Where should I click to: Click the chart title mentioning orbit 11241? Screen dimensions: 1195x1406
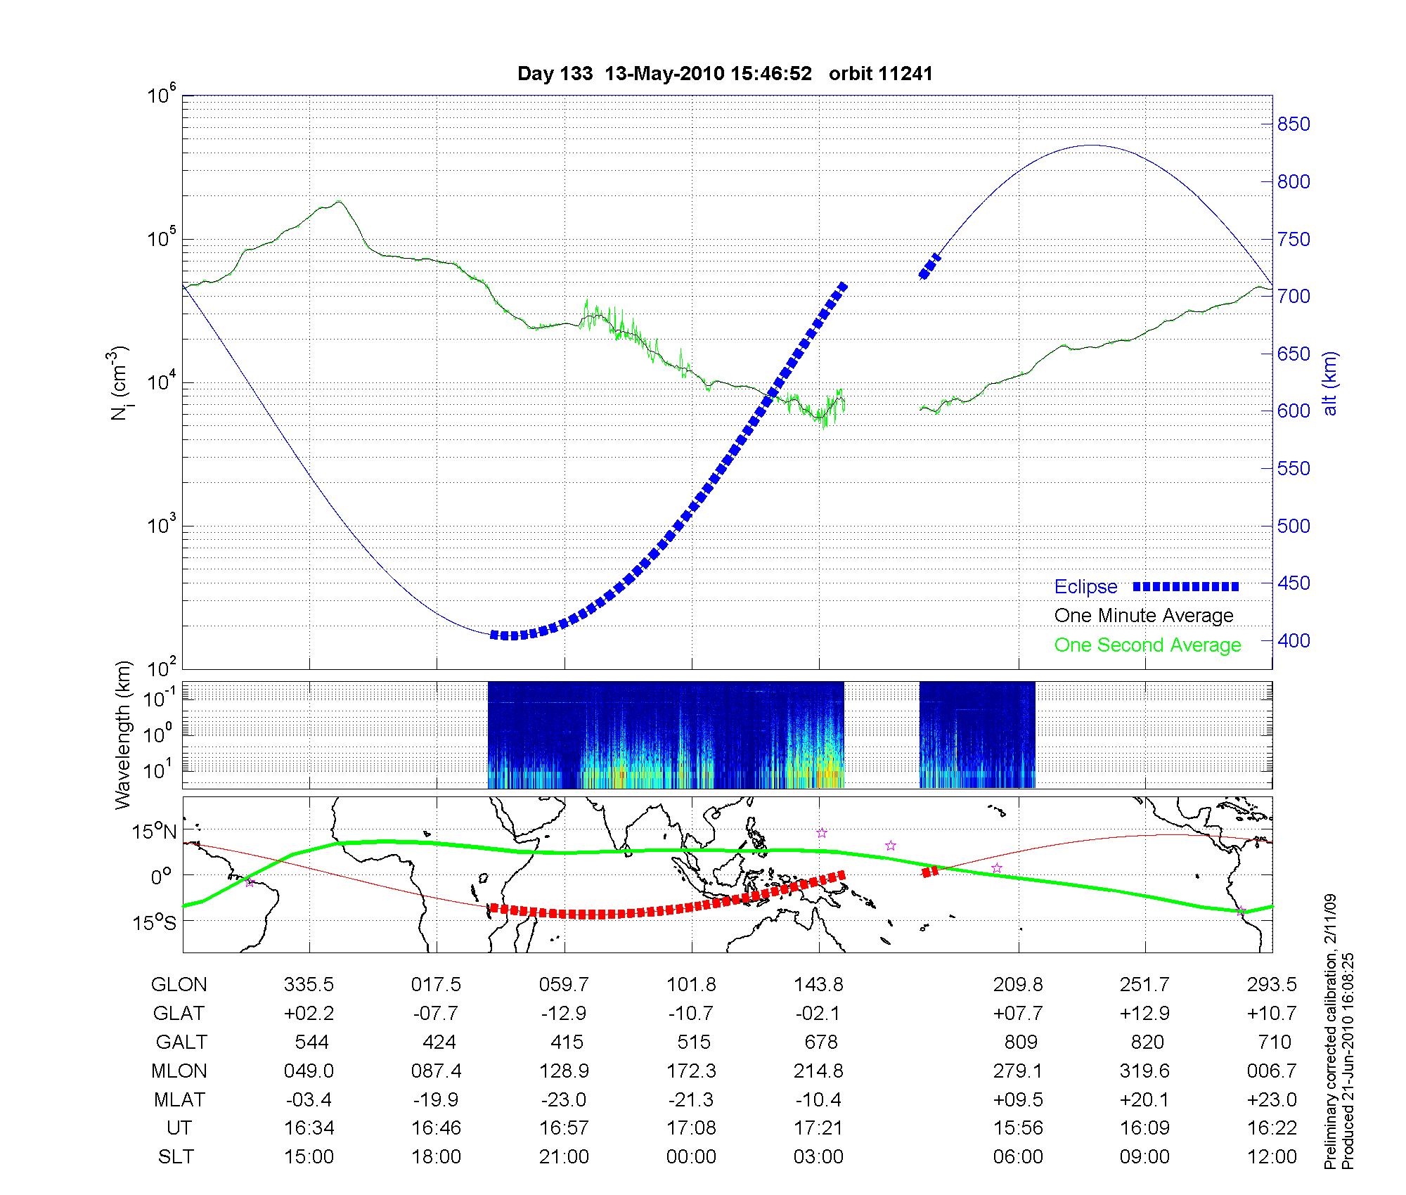725,74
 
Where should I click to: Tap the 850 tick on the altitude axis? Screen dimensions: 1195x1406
1294,124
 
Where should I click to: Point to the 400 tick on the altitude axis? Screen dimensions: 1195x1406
1294,640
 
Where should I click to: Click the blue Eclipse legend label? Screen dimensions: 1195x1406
1085,587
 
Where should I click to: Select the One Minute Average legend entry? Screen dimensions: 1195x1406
1144,616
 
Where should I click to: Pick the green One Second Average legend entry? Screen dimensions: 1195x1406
1147,645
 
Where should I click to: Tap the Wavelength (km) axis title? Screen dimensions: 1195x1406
122,735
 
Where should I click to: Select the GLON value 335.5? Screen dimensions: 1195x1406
309,984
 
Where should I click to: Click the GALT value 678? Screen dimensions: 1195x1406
819,1042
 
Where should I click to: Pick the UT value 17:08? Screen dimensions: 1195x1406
691,1128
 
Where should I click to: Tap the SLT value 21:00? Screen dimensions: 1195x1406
564,1157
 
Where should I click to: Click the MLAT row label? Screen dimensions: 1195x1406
179,1099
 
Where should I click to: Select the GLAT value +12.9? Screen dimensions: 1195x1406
1145,1013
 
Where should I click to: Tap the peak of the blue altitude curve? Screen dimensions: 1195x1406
1090,146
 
